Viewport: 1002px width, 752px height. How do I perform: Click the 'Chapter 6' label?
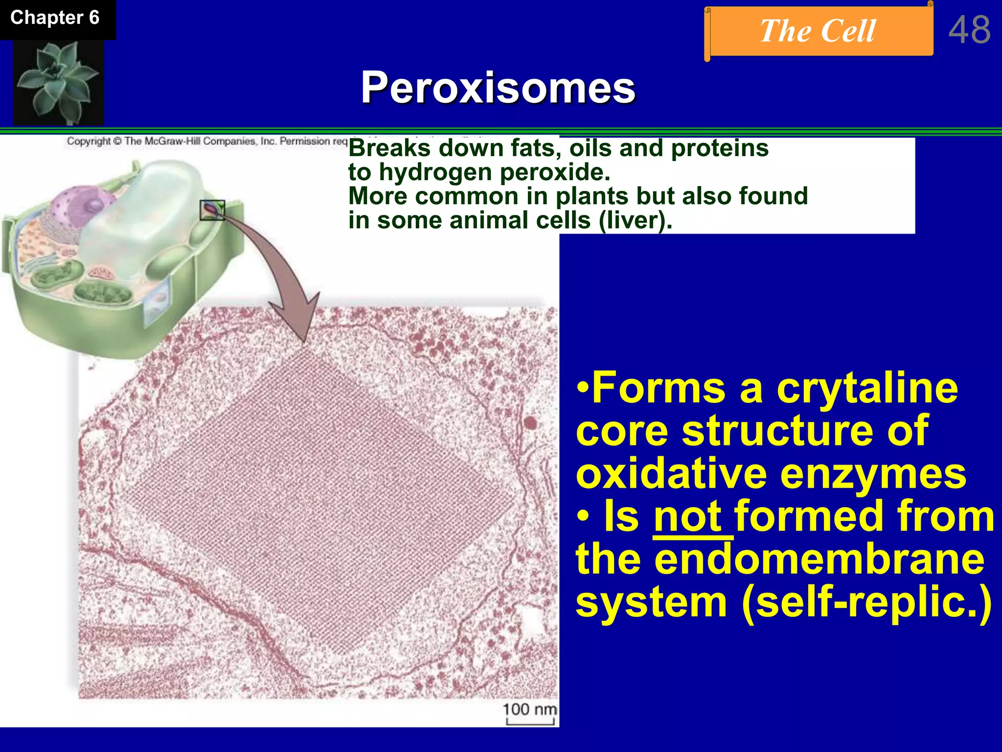(x=55, y=18)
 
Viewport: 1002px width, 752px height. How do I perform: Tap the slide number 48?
(x=969, y=30)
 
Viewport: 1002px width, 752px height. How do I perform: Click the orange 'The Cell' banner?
(x=818, y=31)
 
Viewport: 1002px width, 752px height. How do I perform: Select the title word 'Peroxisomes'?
(x=498, y=88)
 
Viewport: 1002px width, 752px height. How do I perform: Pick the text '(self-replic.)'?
(x=866, y=602)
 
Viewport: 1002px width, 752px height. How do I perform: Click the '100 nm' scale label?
(x=529, y=709)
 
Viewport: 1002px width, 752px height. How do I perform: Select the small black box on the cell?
(x=212, y=210)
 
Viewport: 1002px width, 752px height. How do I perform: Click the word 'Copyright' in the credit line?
(x=89, y=141)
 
